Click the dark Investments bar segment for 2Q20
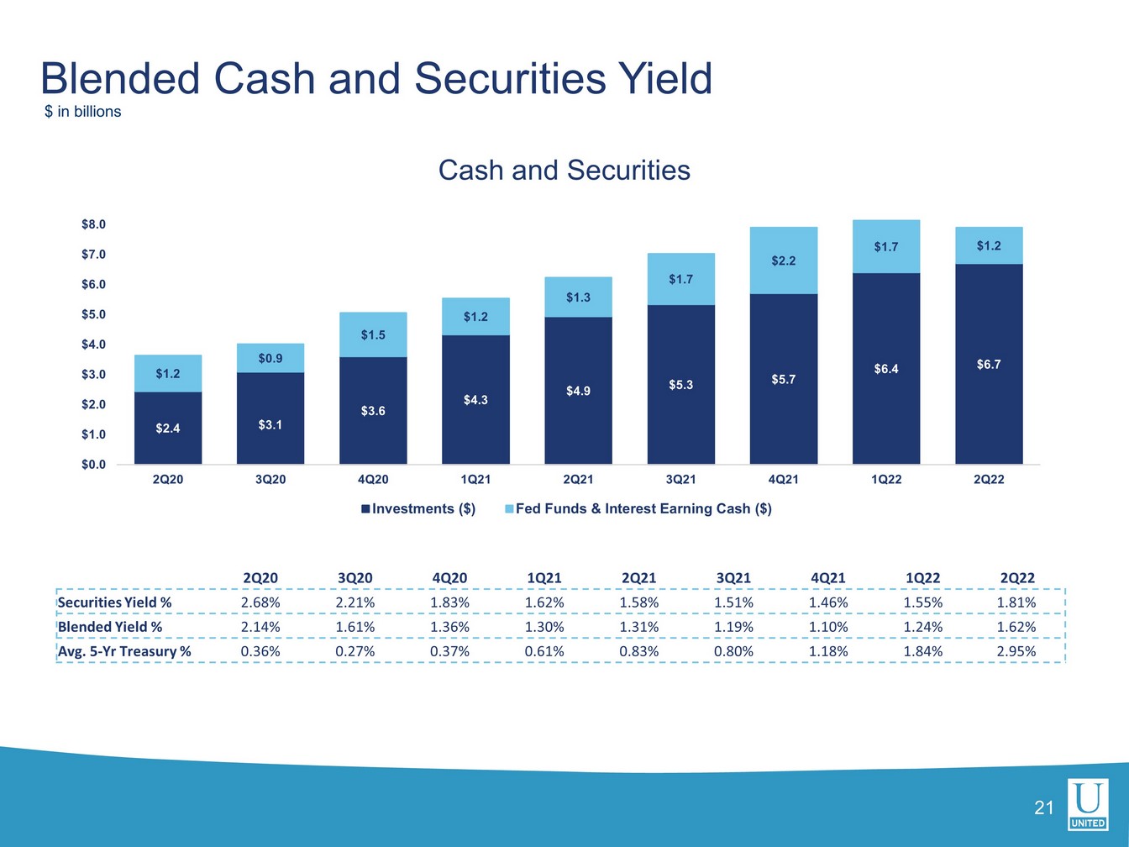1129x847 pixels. click(167, 428)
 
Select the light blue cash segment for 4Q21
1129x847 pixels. click(783, 260)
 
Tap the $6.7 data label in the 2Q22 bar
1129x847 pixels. click(989, 365)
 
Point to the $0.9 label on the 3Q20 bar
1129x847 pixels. click(270, 359)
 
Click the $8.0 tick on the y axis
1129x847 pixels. click(93, 224)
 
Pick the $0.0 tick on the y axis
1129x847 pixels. click(93, 465)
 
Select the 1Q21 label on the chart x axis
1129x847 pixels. click(475, 480)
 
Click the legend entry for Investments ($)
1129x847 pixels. click(418, 508)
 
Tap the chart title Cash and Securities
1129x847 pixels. click(564, 171)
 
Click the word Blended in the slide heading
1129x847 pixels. click(120, 78)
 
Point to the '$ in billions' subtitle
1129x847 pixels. click(83, 112)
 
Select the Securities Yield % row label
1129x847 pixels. click(114, 602)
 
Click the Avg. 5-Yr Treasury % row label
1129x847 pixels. click(124, 651)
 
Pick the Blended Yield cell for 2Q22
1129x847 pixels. click(1016, 627)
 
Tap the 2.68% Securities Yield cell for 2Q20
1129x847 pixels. click(260, 602)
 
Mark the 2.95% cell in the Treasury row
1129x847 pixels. click(1016, 651)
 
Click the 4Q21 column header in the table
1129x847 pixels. click(827, 578)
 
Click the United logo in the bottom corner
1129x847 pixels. click(1088, 804)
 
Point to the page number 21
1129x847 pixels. click(1043, 808)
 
